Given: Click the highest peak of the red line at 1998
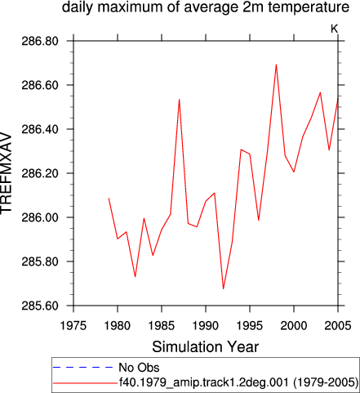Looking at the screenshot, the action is (x=276, y=65).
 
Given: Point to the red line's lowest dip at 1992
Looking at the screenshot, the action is (x=223, y=288).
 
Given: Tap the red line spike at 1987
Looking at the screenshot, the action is (x=179, y=100).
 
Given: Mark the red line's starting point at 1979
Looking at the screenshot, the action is (x=109, y=199).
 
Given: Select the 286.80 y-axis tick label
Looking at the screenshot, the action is (x=40, y=41).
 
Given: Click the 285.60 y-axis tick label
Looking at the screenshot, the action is (x=40, y=306).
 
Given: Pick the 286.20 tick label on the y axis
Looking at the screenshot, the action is (x=40, y=173).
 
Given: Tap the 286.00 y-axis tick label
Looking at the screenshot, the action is (x=40, y=217).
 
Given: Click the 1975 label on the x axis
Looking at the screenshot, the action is (x=73, y=325).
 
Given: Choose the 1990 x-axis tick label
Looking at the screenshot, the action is (x=206, y=325).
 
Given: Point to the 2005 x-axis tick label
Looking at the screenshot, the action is (x=338, y=325).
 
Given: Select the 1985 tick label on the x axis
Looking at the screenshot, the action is (x=162, y=325).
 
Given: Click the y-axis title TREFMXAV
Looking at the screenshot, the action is (x=6, y=173).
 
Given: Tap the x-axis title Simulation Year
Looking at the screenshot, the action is (x=205, y=346).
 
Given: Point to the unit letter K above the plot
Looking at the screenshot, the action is (x=334, y=29).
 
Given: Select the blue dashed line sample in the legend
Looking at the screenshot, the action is (x=82, y=368).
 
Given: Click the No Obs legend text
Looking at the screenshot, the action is (x=139, y=368).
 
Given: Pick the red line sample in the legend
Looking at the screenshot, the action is (x=85, y=383).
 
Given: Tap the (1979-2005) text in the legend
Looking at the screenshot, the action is (x=326, y=382).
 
